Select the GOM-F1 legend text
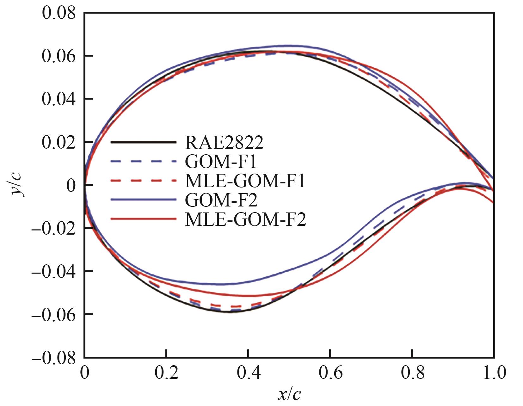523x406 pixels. (x=221, y=162)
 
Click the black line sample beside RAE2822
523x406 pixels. (x=143, y=142)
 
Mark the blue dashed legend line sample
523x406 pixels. (x=143, y=162)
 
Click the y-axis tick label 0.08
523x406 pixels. (x=59, y=14)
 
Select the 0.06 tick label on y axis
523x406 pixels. (x=59, y=57)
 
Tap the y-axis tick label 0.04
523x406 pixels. (x=59, y=100)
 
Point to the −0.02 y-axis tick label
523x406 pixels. (x=54, y=229)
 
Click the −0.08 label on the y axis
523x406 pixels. (x=54, y=358)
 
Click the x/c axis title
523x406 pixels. (x=289, y=394)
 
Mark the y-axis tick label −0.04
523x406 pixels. (x=54, y=272)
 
